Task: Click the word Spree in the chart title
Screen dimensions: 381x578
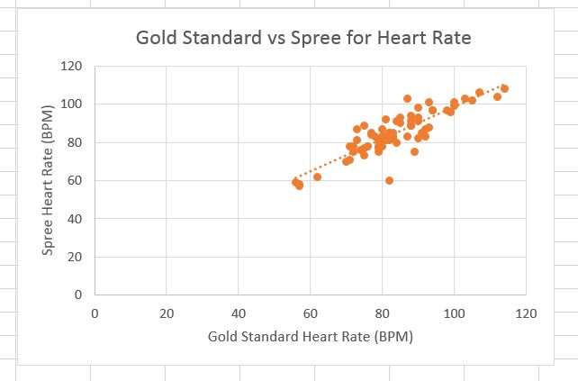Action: (290, 38)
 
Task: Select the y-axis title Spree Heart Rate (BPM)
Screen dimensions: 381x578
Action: (51, 180)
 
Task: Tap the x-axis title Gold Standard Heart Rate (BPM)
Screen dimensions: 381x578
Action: (310, 337)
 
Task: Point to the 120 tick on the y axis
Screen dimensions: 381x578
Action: (71, 66)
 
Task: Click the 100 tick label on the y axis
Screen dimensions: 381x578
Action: (71, 104)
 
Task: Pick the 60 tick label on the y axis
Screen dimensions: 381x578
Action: (74, 180)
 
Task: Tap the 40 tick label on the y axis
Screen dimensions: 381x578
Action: (74, 219)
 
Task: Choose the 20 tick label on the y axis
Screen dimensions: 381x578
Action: (74, 257)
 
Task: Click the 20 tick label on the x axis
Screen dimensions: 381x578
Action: (166, 313)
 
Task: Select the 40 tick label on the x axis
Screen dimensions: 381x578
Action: (238, 313)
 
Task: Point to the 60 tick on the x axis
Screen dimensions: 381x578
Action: (310, 313)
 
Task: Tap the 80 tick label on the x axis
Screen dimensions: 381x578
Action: (382, 313)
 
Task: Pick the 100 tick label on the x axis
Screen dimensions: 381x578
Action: (454, 313)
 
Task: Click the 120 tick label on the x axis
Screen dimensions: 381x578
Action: (526, 313)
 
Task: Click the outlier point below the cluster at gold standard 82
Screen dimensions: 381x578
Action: (389, 180)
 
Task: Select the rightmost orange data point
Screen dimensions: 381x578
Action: (504, 88)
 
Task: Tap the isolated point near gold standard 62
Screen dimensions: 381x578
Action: (317, 177)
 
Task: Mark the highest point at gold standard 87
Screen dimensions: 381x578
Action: (407, 99)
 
